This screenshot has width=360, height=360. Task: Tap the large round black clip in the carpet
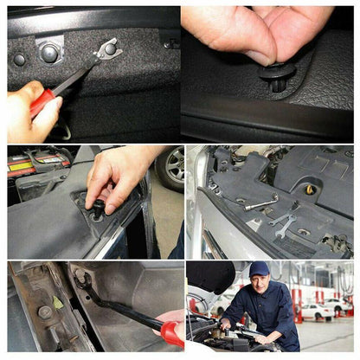point(49,54)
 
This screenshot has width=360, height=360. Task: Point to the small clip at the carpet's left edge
point(19,60)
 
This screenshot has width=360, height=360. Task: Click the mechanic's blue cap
point(259,269)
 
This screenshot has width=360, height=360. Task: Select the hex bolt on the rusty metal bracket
point(45,312)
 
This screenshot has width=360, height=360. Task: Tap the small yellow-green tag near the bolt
point(58,301)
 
